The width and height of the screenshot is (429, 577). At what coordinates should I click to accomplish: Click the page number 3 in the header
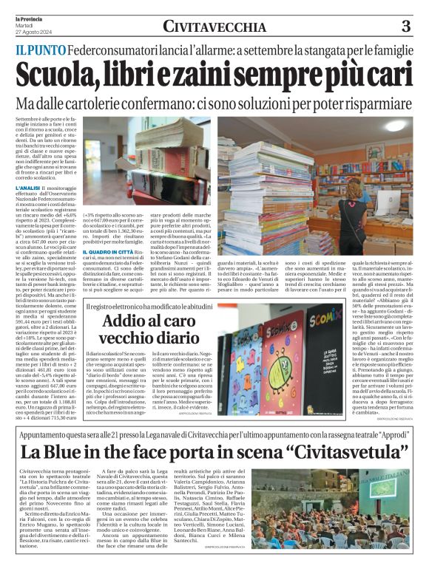tap(405, 27)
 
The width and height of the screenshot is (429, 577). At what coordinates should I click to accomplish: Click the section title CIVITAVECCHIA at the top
tap(214, 27)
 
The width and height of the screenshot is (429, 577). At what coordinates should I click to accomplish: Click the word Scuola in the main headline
tap(56, 73)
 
